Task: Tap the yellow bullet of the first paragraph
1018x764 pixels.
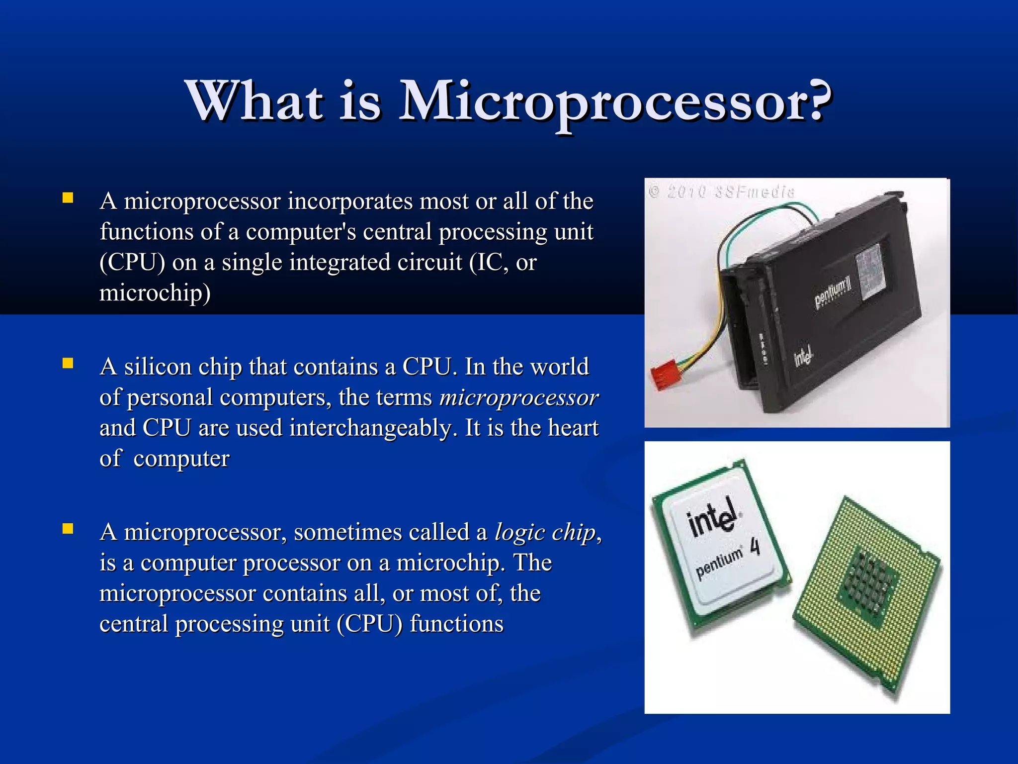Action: coord(68,198)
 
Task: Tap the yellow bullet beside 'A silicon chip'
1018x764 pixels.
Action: coord(68,364)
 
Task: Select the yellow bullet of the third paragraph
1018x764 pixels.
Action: coord(68,529)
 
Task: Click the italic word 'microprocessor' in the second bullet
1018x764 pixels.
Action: coord(518,398)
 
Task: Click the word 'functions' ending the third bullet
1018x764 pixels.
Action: coord(456,624)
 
